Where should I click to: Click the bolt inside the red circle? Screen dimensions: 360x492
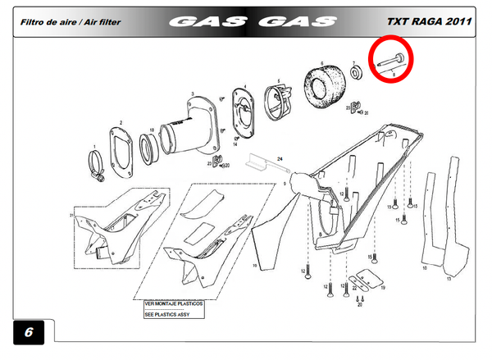(x=390, y=59)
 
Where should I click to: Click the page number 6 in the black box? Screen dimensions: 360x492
(x=29, y=334)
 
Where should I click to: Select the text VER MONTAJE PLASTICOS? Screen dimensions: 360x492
(x=175, y=303)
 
